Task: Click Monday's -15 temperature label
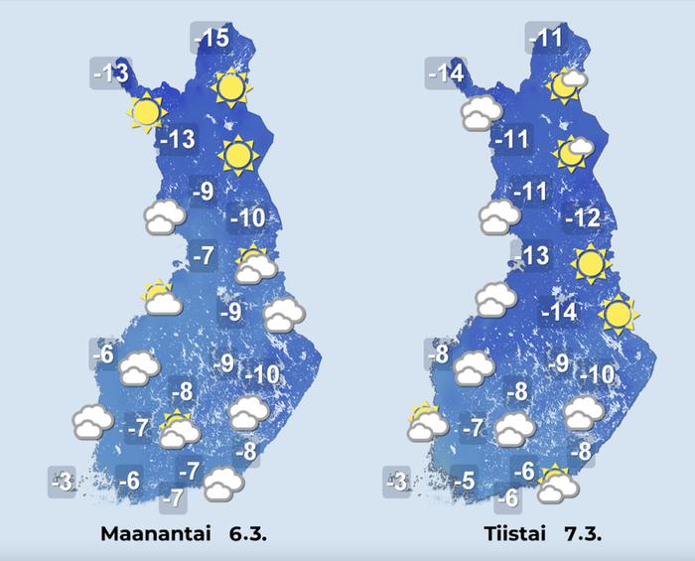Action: [x=211, y=39]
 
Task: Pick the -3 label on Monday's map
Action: [x=63, y=483]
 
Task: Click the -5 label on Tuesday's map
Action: [x=466, y=483]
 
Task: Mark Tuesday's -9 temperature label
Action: [x=558, y=363]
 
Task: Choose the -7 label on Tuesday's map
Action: [x=476, y=428]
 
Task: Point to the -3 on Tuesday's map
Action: [x=396, y=483]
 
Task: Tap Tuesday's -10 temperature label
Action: [x=599, y=374]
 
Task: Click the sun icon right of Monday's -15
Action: [x=230, y=88]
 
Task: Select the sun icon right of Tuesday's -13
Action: [x=590, y=263]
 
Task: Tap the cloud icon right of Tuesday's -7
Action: [x=515, y=431]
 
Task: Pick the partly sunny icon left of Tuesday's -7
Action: [x=426, y=422]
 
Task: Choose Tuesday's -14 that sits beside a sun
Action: [x=559, y=313]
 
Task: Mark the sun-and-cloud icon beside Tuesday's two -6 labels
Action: [x=557, y=484]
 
